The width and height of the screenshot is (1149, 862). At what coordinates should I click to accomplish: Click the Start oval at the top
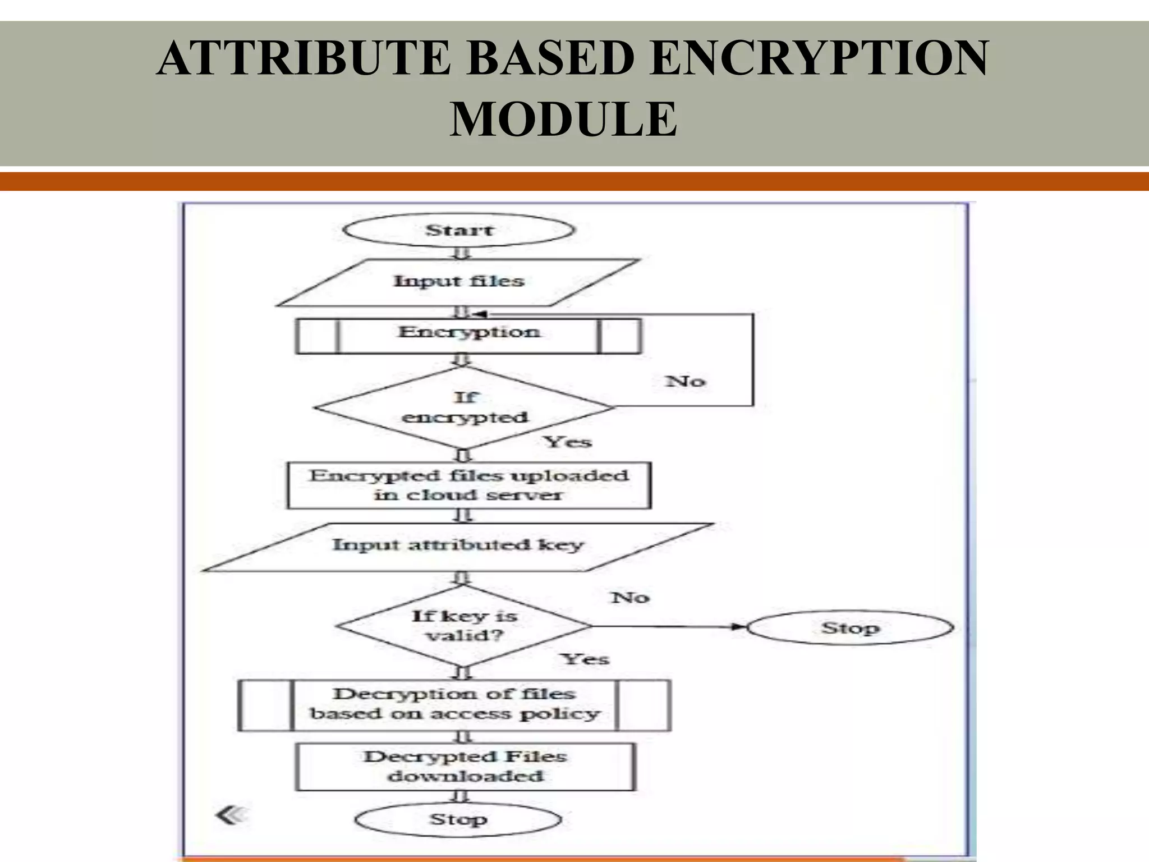point(458,230)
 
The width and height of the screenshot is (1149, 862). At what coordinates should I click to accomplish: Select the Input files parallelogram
point(458,282)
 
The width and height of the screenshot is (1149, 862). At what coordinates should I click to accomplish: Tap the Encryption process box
point(468,335)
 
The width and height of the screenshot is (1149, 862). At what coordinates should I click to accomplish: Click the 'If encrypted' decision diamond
point(464,408)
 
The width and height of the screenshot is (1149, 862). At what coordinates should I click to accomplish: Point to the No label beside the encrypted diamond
point(685,382)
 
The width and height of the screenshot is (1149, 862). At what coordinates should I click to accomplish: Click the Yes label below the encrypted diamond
point(568,442)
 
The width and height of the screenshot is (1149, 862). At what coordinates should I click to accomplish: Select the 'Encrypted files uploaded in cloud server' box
point(468,485)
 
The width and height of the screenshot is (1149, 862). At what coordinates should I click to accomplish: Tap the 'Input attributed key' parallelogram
point(458,546)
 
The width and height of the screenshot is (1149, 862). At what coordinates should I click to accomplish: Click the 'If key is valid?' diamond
point(463,626)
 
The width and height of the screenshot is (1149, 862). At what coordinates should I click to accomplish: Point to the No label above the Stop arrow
point(630,598)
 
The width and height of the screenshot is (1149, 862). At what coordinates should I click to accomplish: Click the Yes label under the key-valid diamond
point(585,659)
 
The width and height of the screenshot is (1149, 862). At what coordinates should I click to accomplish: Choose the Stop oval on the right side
point(849,628)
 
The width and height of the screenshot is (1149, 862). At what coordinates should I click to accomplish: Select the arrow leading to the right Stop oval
point(668,626)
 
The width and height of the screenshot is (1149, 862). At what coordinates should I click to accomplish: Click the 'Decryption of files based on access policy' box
point(454,705)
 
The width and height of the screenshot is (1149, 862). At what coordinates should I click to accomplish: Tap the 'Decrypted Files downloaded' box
point(465,767)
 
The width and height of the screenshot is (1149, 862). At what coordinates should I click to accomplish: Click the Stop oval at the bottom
point(458,819)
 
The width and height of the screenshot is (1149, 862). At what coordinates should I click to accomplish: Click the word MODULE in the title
point(563,119)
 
